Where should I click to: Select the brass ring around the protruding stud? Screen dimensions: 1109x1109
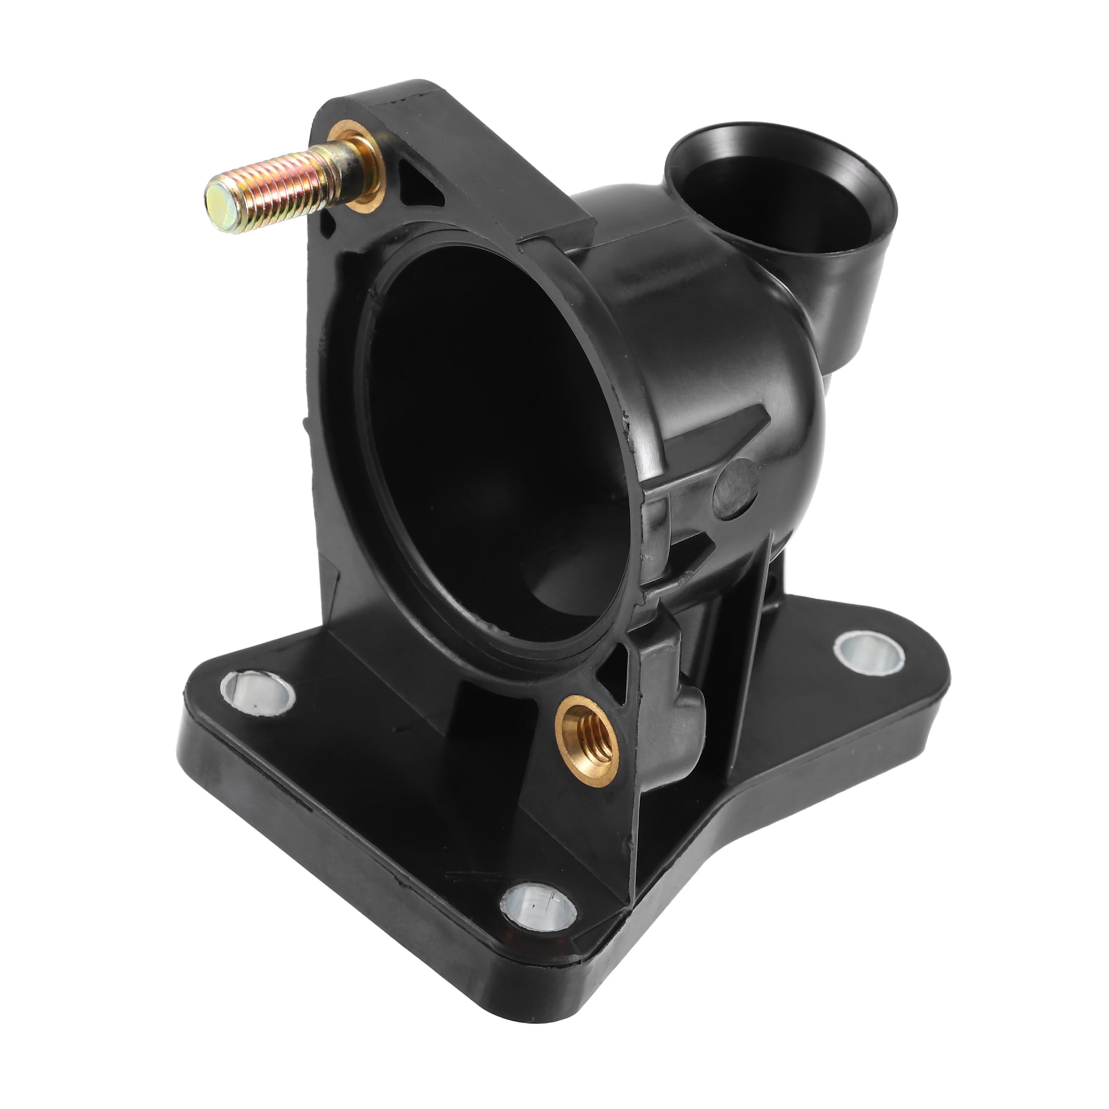pos(364,166)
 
